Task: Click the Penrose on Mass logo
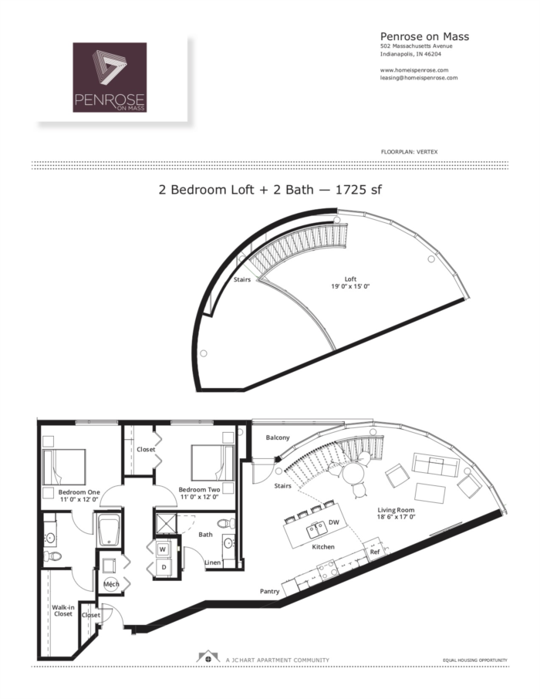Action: (110, 77)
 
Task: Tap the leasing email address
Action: (419, 78)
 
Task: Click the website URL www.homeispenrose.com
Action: (414, 70)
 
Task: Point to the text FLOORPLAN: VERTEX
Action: (409, 152)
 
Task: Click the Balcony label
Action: (278, 437)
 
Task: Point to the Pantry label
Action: (269, 592)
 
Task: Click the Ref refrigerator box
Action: (375, 552)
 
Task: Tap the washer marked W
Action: (163, 549)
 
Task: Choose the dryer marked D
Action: (163, 567)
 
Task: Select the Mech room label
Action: (110, 584)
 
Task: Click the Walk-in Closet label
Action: (63, 610)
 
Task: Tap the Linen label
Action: (213, 562)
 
